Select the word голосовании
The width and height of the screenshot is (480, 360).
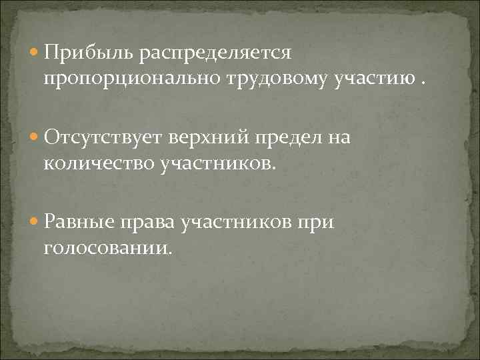(108, 249)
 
